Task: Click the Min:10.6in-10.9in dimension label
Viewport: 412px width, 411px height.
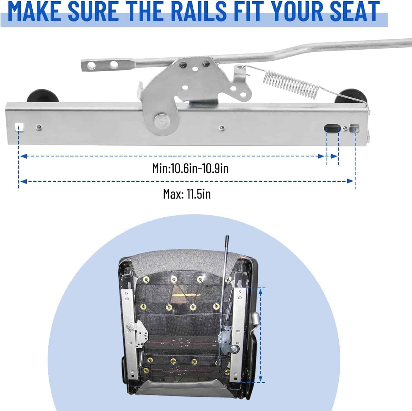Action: [190, 168]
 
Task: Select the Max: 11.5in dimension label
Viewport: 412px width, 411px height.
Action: [187, 194]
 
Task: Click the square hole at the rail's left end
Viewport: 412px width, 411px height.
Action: [20, 128]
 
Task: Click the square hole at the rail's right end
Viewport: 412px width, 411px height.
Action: [354, 128]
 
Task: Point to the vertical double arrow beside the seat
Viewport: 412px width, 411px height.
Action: [261, 335]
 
